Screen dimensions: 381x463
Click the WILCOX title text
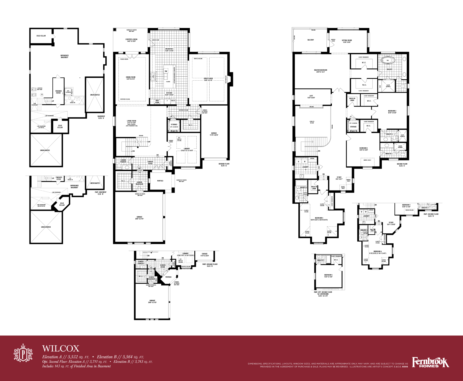coord(61,348)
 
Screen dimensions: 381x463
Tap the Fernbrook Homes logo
coord(430,363)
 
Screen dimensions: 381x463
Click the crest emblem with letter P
coord(23,353)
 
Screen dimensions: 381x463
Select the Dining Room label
coord(131,78)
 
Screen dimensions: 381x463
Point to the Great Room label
coord(208,79)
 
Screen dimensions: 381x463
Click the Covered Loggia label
coord(131,40)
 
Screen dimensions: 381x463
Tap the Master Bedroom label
coord(321,71)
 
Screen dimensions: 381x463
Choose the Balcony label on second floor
coord(311,40)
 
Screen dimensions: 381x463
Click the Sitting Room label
coord(347,41)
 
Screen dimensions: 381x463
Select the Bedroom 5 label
coord(328,276)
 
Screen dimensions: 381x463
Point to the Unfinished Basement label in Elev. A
coord(64,56)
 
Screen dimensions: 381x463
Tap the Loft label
coord(311,97)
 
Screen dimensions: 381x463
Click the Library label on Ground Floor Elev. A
coord(187,149)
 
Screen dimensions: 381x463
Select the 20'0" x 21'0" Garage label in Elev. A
coord(139,218)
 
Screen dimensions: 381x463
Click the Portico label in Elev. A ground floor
coord(160,181)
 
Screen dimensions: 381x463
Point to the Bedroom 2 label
coord(392,112)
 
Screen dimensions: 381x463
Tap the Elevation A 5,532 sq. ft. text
coord(66,357)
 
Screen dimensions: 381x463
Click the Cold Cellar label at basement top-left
coord(41,36)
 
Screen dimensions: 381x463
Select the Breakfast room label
coord(169,50)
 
